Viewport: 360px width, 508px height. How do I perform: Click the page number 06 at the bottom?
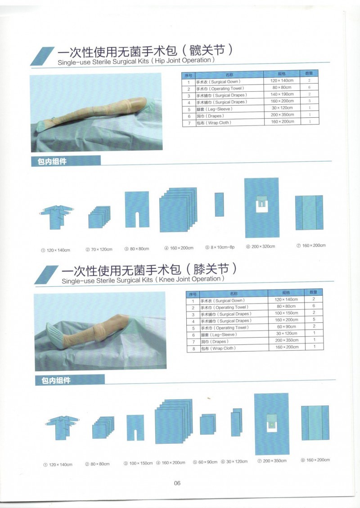click(177, 483)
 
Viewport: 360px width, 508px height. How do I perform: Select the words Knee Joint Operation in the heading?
click(189, 279)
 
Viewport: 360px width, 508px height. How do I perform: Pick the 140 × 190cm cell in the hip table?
click(282, 94)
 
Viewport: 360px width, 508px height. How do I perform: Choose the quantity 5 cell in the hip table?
click(309, 101)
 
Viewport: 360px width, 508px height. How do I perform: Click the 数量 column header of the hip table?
click(309, 73)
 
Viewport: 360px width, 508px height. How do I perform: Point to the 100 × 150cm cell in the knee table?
click(286, 313)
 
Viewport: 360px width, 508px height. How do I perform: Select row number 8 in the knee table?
click(193, 348)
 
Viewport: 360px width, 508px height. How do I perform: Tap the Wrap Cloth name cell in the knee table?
click(219, 348)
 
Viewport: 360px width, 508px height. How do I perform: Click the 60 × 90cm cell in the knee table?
click(286, 327)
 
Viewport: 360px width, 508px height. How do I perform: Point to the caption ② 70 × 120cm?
click(99, 249)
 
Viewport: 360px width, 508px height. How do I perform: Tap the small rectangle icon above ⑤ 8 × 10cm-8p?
click(219, 204)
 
